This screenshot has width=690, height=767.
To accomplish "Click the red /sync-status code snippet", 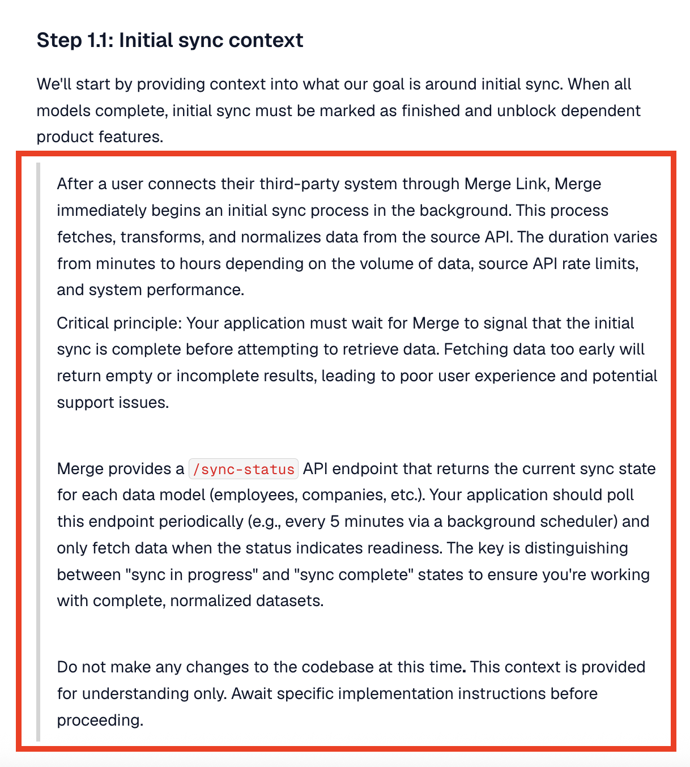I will pyautogui.click(x=244, y=469).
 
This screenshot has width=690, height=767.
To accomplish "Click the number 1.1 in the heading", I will pyautogui.click(x=100, y=40).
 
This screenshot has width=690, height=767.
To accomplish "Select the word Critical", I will pyautogui.click(x=83, y=323).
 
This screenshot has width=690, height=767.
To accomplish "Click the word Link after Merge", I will pyautogui.click(x=529, y=184).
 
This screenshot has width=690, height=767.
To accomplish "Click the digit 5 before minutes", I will pyautogui.click(x=335, y=522).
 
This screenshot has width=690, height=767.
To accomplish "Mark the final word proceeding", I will pyautogui.click(x=100, y=721).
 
